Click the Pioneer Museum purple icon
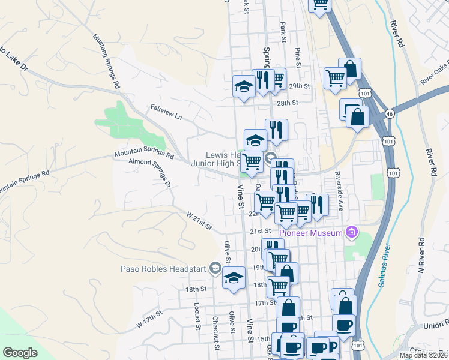(352, 232)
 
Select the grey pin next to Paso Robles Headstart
(215, 269)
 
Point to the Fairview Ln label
(166, 112)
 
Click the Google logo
(20, 353)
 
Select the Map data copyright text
(423, 355)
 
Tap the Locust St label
(196, 316)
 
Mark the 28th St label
(288, 103)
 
